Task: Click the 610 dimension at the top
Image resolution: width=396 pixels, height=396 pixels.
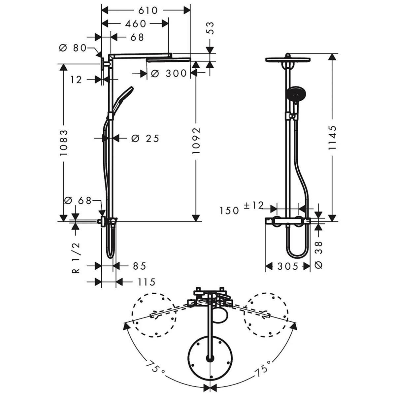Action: [148, 11]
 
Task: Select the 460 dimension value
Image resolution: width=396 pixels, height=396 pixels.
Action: [136, 24]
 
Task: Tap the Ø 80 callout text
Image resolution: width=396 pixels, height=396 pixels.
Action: [72, 48]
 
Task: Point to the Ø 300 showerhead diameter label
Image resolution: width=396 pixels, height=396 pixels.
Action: [169, 73]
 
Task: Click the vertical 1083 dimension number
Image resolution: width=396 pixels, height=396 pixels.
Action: [63, 143]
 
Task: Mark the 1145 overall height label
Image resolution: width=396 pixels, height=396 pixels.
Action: [332, 138]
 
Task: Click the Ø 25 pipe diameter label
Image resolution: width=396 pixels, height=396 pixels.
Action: [145, 139]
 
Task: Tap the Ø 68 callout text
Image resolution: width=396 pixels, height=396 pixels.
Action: [78, 201]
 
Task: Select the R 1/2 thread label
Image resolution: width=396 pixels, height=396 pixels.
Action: [76, 258]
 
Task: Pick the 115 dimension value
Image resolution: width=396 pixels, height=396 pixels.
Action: [147, 282]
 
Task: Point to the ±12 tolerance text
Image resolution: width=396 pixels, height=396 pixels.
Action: [253, 205]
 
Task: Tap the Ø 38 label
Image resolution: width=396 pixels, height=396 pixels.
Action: [318, 255]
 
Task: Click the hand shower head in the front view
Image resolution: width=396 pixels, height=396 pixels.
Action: [296, 94]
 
